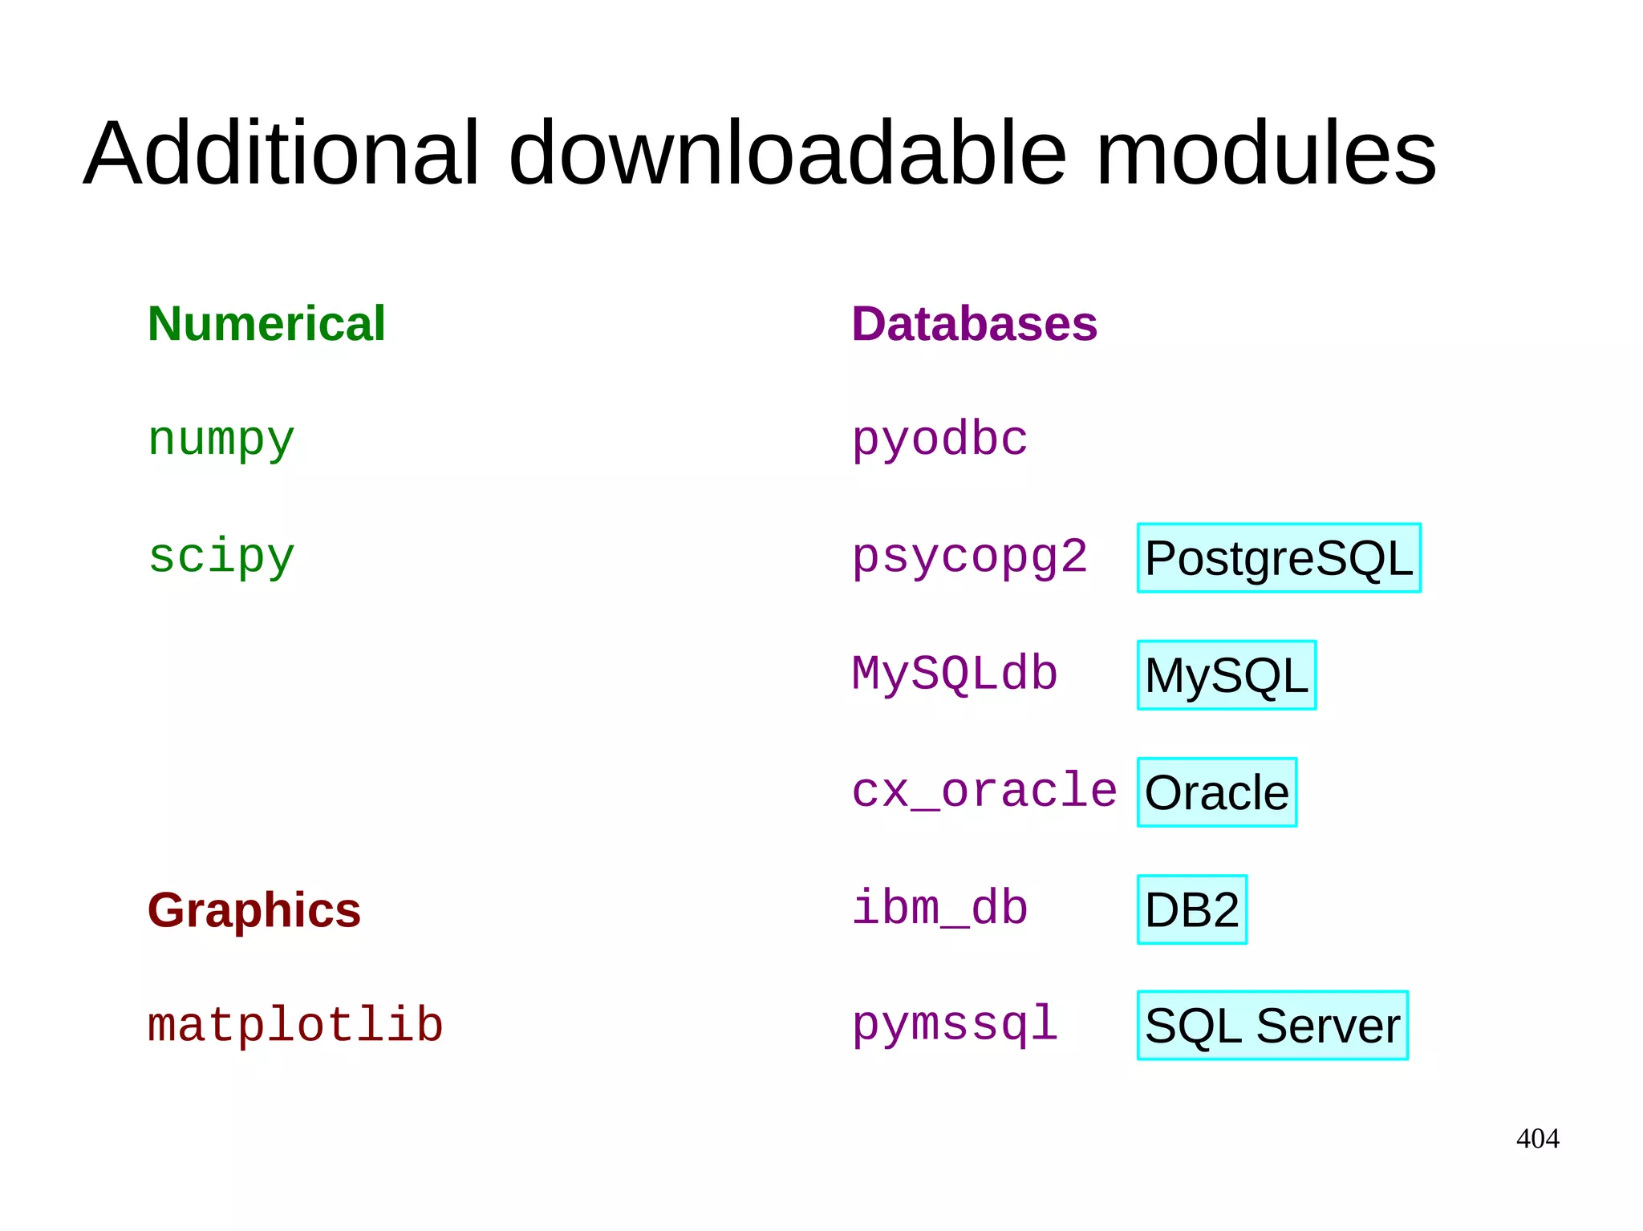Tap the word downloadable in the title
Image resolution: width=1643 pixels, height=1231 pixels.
click(788, 152)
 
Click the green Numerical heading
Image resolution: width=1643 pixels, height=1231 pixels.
click(266, 324)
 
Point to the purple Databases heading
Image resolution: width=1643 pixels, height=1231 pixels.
click(974, 324)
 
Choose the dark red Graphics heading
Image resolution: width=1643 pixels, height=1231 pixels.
click(254, 910)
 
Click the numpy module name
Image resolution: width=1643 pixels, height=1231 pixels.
click(221, 440)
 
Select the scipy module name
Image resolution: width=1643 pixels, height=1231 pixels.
click(221, 557)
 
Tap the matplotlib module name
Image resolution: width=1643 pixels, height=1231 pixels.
click(295, 1026)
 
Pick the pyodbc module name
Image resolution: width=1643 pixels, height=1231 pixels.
click(939, 439)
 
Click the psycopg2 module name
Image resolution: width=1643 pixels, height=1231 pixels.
click(969, 557)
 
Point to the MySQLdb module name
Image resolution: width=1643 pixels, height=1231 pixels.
click(955, 674)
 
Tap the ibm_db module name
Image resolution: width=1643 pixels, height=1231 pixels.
click(939, 909)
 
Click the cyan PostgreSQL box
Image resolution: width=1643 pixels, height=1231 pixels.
click(1279, 558)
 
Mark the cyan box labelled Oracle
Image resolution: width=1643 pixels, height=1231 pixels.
click(1216, 792)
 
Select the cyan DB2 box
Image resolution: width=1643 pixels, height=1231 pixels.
click(1191, 909)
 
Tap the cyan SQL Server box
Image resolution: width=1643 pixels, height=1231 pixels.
click(1272, 1026)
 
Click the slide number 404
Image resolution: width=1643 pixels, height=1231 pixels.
click(1537, 1139)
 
